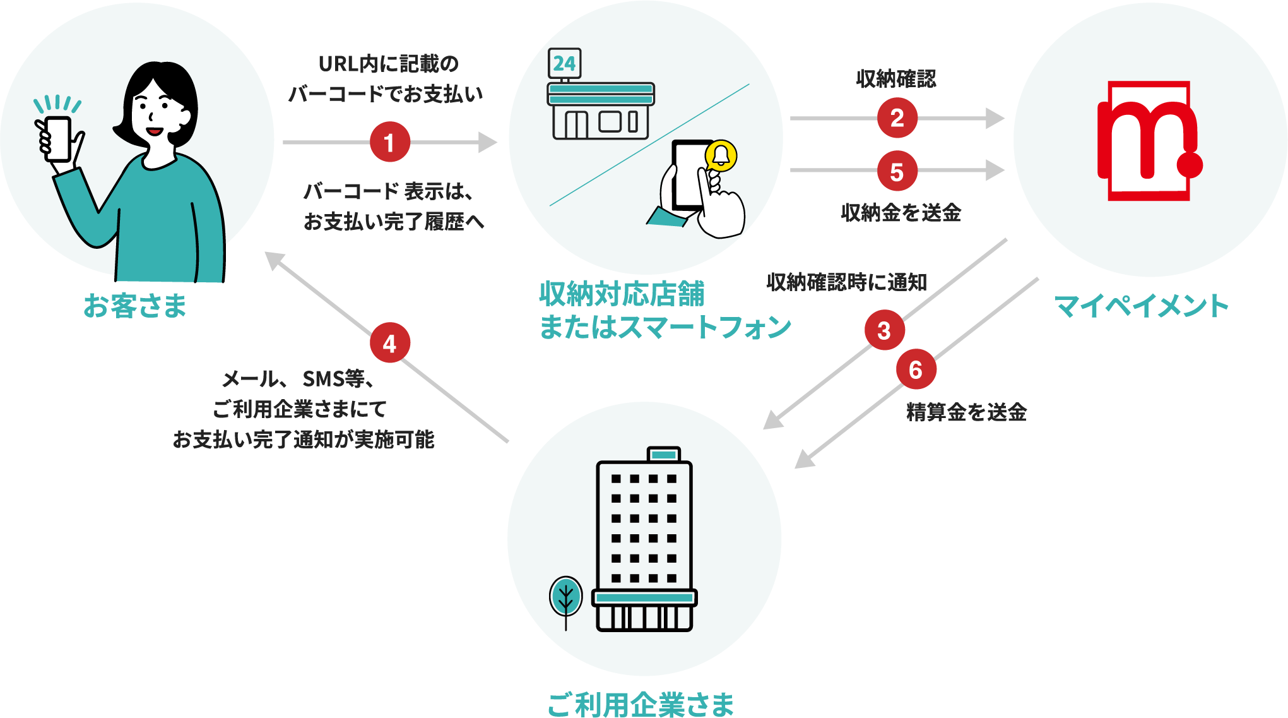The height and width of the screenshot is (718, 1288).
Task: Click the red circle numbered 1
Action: [x=389, y=142]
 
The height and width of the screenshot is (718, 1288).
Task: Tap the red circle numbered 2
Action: [x=897, y=118]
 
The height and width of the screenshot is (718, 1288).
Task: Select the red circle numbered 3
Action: [x=884, y=330]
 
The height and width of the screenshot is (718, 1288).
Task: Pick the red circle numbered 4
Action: [x=389, y=343]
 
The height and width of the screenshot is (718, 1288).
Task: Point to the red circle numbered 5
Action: [x=897, y=171]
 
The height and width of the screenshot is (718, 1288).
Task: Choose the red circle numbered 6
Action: [x=916, y=369]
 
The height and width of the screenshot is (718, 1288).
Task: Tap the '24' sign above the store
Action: [x=564, y=63]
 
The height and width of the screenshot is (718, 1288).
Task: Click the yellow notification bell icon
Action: [x=721, y=155]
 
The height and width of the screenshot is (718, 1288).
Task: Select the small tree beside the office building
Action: [x=565, y=597]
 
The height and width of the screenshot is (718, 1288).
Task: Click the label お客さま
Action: [x=135, y=306]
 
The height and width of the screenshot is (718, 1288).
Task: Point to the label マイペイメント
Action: [x=1141, y=306]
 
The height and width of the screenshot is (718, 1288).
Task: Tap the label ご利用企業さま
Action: [x=641, y=703]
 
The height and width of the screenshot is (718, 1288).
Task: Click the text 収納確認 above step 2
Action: [x=896, y=79]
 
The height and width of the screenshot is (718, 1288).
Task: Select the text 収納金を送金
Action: [x=901, y=213]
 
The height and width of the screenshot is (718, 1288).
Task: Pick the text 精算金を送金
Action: [x=966, y=412]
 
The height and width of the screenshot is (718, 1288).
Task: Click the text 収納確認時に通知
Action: [x=846, y=282]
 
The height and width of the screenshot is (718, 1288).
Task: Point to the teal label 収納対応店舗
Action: [x=622, y=294]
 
